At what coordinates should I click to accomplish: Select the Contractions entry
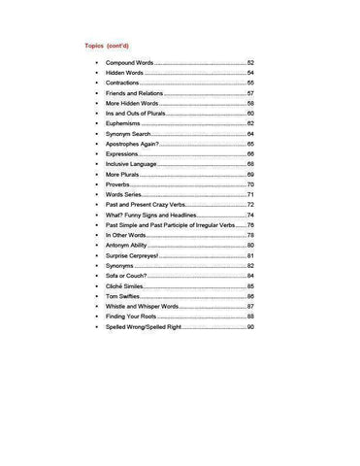coord(125,83)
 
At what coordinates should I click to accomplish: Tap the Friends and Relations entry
coord(137,93)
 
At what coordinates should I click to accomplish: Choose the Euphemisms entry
coord(123,123)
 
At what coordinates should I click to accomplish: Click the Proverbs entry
coord(120,184)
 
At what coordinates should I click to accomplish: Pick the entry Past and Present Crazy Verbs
coord(147,205)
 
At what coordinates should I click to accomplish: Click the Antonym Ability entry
coord(128,246)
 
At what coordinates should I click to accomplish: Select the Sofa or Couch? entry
coord(127,276)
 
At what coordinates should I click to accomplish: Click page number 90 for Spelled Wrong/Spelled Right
coord(250,327)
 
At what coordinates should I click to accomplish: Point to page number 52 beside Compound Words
coord(250,62)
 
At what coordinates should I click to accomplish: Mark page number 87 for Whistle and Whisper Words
coord(250,307)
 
